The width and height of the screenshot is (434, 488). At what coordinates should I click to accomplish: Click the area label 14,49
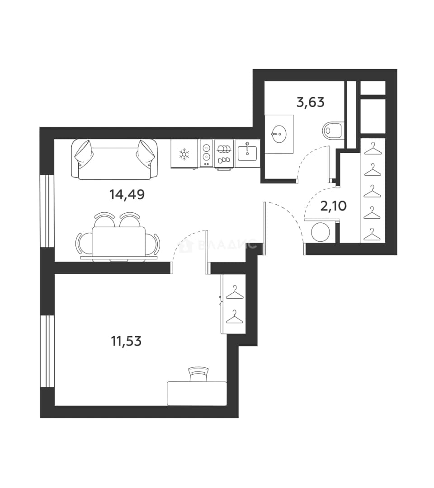click(127, 194)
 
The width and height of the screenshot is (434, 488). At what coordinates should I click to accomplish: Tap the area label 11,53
click(127, 341)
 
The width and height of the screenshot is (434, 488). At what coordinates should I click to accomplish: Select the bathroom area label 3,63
click(311, 102)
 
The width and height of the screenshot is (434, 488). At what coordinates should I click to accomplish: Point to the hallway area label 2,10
click(334, 206)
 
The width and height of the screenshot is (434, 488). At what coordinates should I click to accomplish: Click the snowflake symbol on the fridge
click(184, 154)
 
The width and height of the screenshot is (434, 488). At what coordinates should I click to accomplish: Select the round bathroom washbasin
click(279, 134)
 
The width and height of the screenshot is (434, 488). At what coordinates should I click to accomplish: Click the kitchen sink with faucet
click(247, 153)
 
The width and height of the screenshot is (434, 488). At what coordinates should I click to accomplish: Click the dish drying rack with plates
click(224, 154)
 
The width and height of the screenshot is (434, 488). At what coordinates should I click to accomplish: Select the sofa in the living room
click(114, 159)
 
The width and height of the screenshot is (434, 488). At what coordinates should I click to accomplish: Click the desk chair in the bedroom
click(198, 374)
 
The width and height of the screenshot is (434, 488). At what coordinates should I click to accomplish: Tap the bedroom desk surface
click(197, 394)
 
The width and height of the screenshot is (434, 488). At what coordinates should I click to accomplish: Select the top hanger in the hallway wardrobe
click(373, 148)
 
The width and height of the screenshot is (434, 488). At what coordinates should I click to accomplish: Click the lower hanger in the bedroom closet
click(235, 317)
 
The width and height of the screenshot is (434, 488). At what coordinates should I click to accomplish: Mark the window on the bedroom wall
click(47, 352)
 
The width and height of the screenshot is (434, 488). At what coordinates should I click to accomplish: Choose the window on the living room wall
click(47, 211)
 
